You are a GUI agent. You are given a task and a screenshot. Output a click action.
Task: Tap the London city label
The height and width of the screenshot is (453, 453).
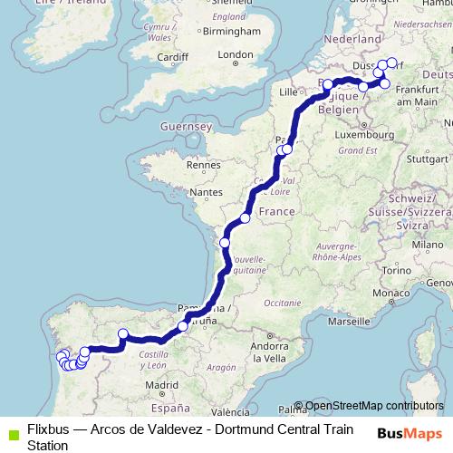click(x=236, y=55)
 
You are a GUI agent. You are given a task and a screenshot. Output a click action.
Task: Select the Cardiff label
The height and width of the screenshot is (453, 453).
click(x=171, y=60)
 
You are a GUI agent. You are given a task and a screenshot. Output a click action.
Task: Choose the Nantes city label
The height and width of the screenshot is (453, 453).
click(x=207, y=193)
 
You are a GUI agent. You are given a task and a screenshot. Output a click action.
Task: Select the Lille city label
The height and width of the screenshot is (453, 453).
click(x=289, y=92)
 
